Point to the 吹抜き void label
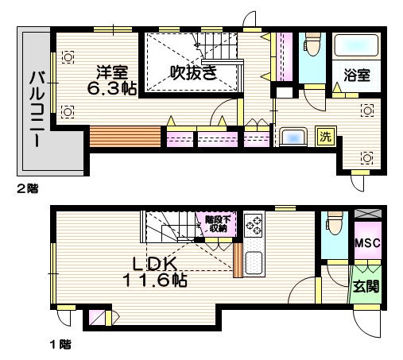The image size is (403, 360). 193,72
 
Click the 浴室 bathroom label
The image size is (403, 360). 356,75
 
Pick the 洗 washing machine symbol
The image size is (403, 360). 325,136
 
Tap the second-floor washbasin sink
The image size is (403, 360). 293,137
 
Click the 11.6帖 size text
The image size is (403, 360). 155,281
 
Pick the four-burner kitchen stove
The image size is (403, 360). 254,226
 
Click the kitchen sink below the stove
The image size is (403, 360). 254,261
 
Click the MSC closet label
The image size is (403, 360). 366,242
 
